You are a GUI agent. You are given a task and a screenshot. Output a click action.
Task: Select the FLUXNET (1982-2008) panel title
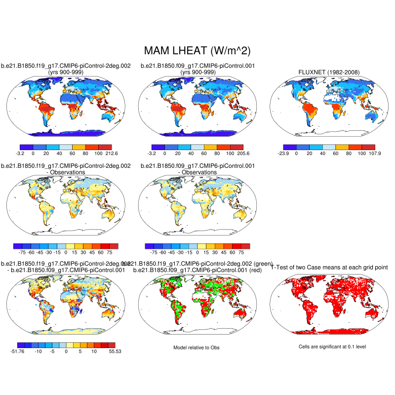(329, 73)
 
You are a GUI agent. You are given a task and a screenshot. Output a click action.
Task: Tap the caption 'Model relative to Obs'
(197, 348)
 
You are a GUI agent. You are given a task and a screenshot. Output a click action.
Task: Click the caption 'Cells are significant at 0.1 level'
(332, 347)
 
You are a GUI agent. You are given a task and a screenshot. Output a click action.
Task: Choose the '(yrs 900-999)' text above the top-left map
(65, 73)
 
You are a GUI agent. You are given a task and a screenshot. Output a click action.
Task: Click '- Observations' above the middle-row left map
(66, 172)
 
